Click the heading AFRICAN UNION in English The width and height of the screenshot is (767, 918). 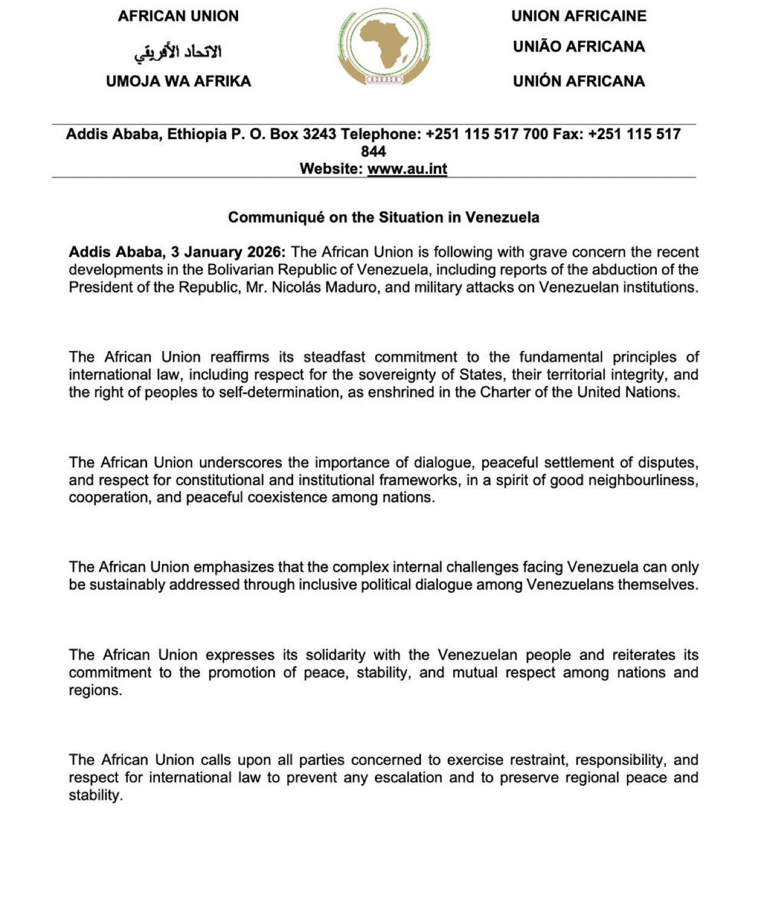178,16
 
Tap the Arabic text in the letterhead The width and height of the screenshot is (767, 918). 178,52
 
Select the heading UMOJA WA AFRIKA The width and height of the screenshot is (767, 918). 178,81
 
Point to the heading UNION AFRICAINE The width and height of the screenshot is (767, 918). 579,16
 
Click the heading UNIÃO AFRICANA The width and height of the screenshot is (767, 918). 579,47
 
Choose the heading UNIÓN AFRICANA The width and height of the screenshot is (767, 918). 579,81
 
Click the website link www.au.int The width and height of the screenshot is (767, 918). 407,169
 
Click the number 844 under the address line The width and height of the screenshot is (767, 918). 373,151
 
